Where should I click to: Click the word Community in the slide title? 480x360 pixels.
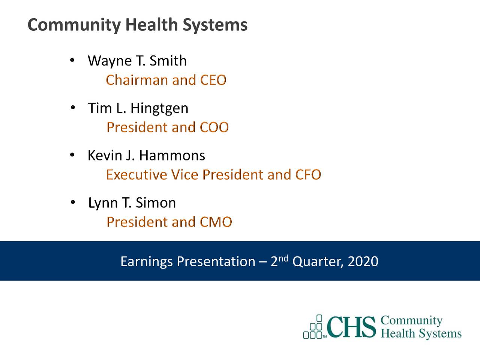pyautogui.click(x=74, y=25)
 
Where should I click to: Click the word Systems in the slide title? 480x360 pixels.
pyautogui.click(x=215, y=25)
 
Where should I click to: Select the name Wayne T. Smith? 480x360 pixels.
pyautogui.click(x=137, y=61)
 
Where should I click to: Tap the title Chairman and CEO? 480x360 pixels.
pyautogui.click(x=166, y=80)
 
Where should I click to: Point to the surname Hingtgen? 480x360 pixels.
pyautogui.click(x=159, y=108)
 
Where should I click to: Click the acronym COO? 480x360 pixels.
pyautogui.click(x=214, y=127)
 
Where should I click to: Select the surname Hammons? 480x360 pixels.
pyautogui.click(x=172, y=156)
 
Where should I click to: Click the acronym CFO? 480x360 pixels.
pyautogui.click(x=308, y=175)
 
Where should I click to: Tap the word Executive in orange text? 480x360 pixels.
pyautogui.click(x=136, y=175)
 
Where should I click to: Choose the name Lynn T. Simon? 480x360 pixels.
pyautogui.click(x=132, y=203)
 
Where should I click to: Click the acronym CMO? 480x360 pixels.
pyautogui.click(x=216, y=222)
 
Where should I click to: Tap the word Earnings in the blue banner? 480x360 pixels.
pyautogui.click(x=146, y=261)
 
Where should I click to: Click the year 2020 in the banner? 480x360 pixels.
pyautogui.click(x=363, y=261)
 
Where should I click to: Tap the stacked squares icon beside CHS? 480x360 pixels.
pyautogui.click(x=314, y=327)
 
